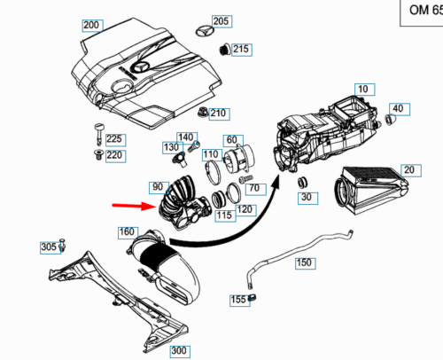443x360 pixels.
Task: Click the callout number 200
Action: tap(91, 25)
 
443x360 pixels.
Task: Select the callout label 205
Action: tap(221, 20)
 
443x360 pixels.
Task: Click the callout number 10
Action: tap(363, 89)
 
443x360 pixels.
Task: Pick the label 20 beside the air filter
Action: tap(408, 169)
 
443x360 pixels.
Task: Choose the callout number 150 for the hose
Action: tap(304, 262)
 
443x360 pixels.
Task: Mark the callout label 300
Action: tap(179, 351)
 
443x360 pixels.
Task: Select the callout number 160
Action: tap(128, 232)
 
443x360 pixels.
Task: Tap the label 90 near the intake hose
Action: tap(158, 187)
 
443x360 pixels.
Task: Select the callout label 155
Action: tap(239, 300)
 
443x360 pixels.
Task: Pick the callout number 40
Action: tap(398, 108)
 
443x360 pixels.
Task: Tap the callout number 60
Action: tap(231, 140)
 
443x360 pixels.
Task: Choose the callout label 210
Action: tap(219, 113)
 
